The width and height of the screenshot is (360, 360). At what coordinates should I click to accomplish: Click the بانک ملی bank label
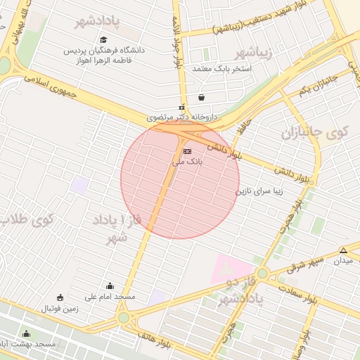pos(188,162)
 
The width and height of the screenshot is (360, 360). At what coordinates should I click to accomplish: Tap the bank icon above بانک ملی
pos(187,151)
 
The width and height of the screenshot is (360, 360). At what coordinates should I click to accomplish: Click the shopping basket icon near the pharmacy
pos(202,97)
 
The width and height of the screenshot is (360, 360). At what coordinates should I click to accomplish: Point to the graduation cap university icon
pos(104,40)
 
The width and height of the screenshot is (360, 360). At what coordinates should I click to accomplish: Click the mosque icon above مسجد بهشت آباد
pos(27,333)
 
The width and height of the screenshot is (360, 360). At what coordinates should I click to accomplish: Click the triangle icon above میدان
pos(343,250)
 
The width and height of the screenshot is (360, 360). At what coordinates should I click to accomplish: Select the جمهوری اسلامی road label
pos(49,85)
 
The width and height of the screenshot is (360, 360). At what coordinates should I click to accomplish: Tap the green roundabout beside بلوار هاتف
pos(124,319)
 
